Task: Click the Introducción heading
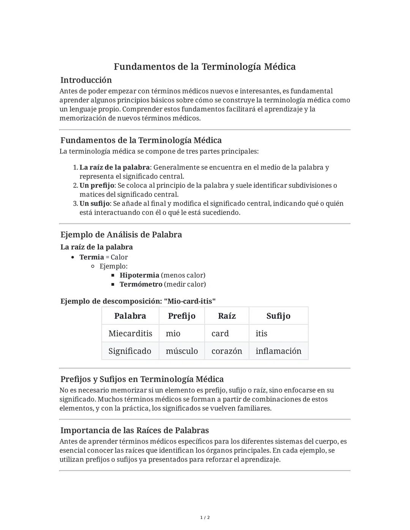(86, 80)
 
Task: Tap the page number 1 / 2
(205, 517)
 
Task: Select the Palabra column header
(130, 316)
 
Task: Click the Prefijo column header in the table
(181, 316)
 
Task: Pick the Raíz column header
(227, 316)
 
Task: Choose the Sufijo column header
(278, 316)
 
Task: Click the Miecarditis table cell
(130, 333)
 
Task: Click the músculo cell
(182, 351)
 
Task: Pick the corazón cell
(227, 351)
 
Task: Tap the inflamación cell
(278, 351)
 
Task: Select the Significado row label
(130, 351)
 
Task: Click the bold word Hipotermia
(139, 275)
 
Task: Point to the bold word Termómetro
(141, 284)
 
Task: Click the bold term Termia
(91, 257)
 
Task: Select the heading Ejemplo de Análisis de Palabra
(121, 234)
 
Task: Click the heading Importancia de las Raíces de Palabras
(135, 430)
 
